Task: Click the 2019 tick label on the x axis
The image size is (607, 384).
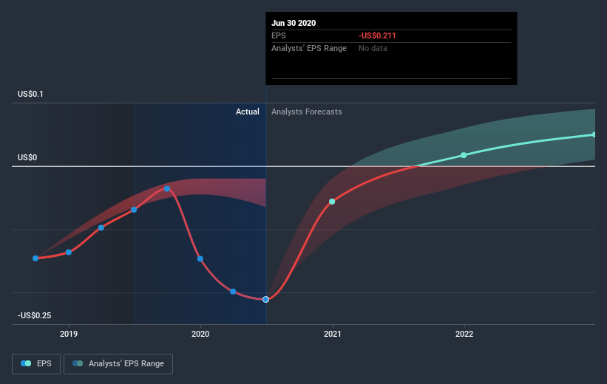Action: pos(69,334)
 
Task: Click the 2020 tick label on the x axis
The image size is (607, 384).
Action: pos(200,334)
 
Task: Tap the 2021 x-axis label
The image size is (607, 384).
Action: pos(333,334)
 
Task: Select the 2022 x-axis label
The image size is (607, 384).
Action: pos(464,334)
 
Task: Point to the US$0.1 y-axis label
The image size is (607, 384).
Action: pos(35,94)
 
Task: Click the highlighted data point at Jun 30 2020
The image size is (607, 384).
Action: pos(265,299)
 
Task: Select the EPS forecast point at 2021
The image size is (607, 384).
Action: pos(332,202)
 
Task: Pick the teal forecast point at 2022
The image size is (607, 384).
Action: pos(464,155)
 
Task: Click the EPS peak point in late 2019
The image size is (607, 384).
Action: pos(167,189)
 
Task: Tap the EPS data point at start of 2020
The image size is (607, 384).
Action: pos(200,258)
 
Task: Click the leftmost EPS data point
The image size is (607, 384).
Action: pos(35,258)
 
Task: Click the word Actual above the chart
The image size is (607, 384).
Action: pos(247,112)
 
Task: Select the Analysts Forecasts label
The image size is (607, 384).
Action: pos(306,112)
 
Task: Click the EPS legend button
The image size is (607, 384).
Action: pos(37,363)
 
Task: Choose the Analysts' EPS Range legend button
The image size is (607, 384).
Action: pos(118,363)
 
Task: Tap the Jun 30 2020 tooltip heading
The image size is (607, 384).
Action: pos(294,23)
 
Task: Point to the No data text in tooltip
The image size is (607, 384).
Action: pos(373,48)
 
